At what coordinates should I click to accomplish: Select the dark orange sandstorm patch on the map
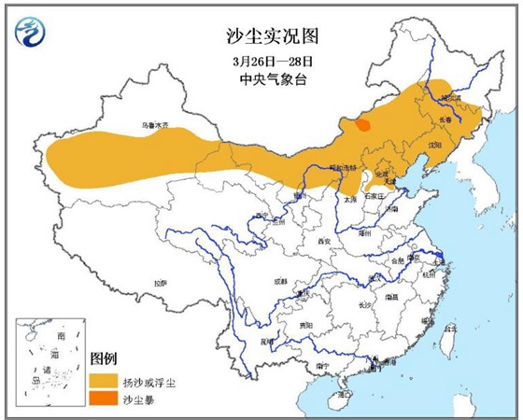(x=361, y=124)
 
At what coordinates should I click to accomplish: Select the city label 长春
(x=450, y=119)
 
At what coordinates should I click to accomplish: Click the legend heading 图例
(x=103, y=358)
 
